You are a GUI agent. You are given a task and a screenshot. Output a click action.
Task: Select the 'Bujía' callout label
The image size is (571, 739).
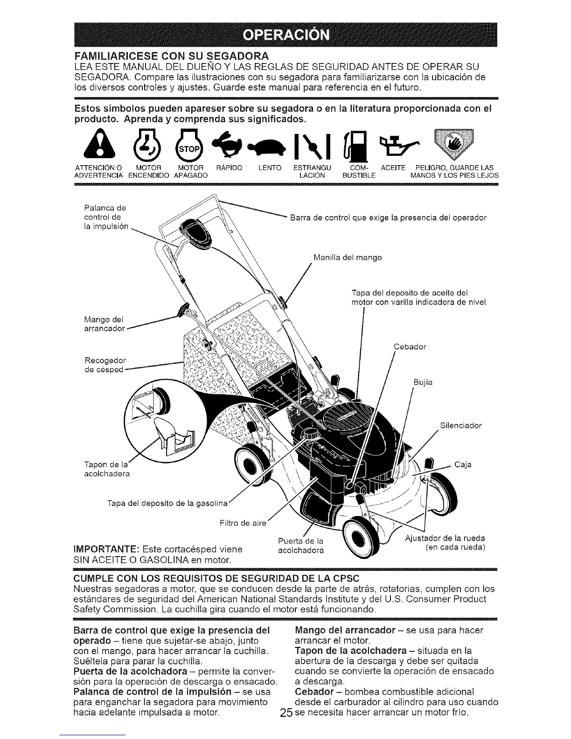pos(423,383)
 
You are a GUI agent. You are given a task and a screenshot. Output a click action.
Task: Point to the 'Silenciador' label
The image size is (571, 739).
pos(460,425)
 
